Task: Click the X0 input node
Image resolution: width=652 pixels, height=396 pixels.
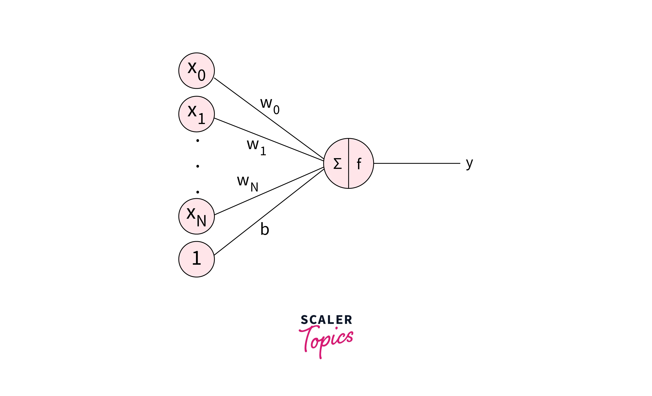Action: [x=196, y=71]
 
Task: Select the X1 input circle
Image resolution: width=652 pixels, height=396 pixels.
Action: [x=196, y=114]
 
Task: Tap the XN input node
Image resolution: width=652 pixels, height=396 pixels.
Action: [x=196, y=216]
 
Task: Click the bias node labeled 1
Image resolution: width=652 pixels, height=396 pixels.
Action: [x=196, y=259]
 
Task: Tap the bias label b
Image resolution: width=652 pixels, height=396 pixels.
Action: [x=265, y=229]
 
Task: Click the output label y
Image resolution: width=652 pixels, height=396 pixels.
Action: [x=469, y=163]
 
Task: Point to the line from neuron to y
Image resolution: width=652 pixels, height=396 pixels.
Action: [x=417, y=163]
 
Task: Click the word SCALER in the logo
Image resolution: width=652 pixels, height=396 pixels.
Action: [x=326, y=320]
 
